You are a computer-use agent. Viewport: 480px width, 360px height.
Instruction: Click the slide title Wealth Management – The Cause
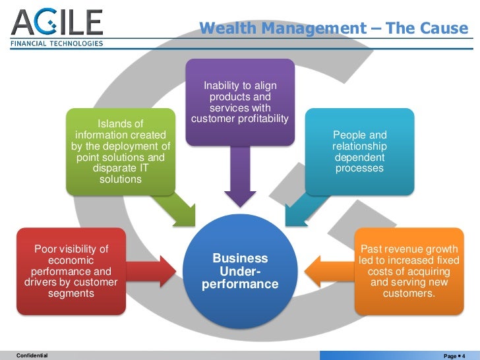pos(333,28)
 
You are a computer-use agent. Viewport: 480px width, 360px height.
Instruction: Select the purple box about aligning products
pos(240,103)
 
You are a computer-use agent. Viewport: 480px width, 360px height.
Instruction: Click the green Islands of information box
pos(120,152)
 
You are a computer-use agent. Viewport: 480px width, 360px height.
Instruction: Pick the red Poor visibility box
pos(71,270)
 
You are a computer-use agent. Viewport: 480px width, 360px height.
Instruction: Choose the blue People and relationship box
pos(359,151)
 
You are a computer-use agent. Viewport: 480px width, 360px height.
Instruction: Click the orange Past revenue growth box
pos(409,270)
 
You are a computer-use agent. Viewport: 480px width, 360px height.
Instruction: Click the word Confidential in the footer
pos(32,355)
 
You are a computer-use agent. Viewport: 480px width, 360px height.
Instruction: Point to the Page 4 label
pos(455,355)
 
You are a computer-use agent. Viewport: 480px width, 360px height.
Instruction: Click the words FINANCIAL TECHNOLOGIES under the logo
pos(57,44)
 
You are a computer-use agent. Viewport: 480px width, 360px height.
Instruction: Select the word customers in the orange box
pos(409,293)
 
